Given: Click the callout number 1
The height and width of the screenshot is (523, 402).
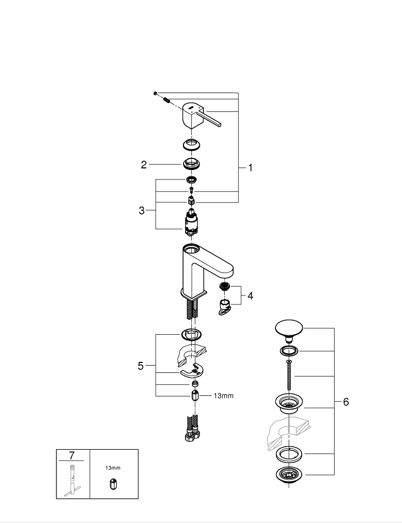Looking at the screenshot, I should click(x=250, y=168).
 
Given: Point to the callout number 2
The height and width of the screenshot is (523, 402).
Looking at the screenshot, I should click(x=144, y=165).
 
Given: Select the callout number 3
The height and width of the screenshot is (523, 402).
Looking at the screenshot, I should click(x=142, y=211).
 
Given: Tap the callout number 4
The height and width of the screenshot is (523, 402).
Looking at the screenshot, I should click(x=250, y=296).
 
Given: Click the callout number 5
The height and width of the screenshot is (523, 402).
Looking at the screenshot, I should click(x=141, y=366).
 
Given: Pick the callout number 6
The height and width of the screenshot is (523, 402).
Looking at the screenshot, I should click(x=346, y=402).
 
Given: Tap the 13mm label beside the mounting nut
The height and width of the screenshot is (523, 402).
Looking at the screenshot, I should click(x=223, y=396).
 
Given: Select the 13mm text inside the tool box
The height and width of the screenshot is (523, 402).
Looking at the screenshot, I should click(x=112, y=469).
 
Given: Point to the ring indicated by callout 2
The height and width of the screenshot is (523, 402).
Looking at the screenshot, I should click(x=192, y=163).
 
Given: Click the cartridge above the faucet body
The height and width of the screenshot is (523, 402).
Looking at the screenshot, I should click(x=191, y=222).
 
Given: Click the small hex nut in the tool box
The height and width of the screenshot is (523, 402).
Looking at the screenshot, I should click(x=112, y=484).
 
